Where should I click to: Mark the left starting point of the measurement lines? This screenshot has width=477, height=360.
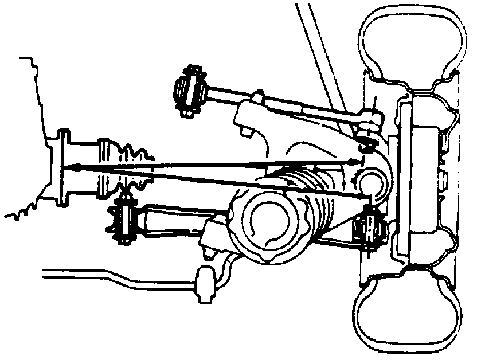pos(75,167)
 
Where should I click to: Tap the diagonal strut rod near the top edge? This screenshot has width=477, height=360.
pos(319,52)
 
